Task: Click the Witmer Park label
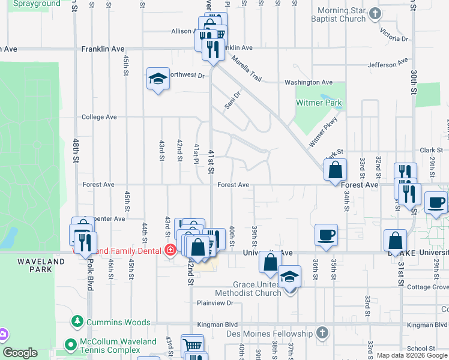(319, 103)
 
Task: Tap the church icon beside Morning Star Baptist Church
(375, 13)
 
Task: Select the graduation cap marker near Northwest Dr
(158, 79)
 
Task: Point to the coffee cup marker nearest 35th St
(326, 235)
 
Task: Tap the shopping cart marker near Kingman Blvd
(192, 345)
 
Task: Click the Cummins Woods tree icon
(77, 322)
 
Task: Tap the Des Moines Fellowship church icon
(322, 332)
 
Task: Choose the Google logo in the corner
(20, 353)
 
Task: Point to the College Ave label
(99, 117)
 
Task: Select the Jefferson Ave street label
(388, 64)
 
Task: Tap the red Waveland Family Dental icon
(171, 250)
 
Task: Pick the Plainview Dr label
(215, 303)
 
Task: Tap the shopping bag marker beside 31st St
(395, 241)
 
